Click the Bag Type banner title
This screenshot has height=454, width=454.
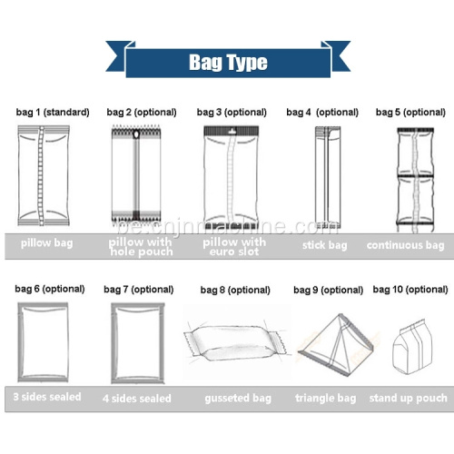coord(228,63)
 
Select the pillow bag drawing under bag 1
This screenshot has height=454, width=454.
coord(44,176)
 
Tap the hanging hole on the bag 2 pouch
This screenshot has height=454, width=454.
coord(136,133)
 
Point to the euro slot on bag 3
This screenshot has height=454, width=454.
coord(232,132)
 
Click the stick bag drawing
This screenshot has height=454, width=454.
coord(328,177)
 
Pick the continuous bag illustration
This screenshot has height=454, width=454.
coord(415,180)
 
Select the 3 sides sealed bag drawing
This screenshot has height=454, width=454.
coord(43,342)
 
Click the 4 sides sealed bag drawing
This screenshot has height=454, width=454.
coord(138,343)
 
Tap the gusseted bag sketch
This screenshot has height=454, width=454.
coord(235,343)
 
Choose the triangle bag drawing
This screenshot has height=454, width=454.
coord(336,345)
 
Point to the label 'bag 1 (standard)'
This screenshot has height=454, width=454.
coord(53,113)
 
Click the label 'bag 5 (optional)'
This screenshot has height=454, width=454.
coord(410,113)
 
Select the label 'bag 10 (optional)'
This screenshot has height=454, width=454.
coord(410,290)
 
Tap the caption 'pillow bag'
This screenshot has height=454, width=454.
coord(46,243)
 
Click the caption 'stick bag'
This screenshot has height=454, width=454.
coord(324,245)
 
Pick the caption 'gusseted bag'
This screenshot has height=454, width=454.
coord(238,399)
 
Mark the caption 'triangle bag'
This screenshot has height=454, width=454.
coord(325,398)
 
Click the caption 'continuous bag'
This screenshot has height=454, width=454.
coord(405,245)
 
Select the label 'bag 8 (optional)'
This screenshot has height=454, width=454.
coord(235,290)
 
